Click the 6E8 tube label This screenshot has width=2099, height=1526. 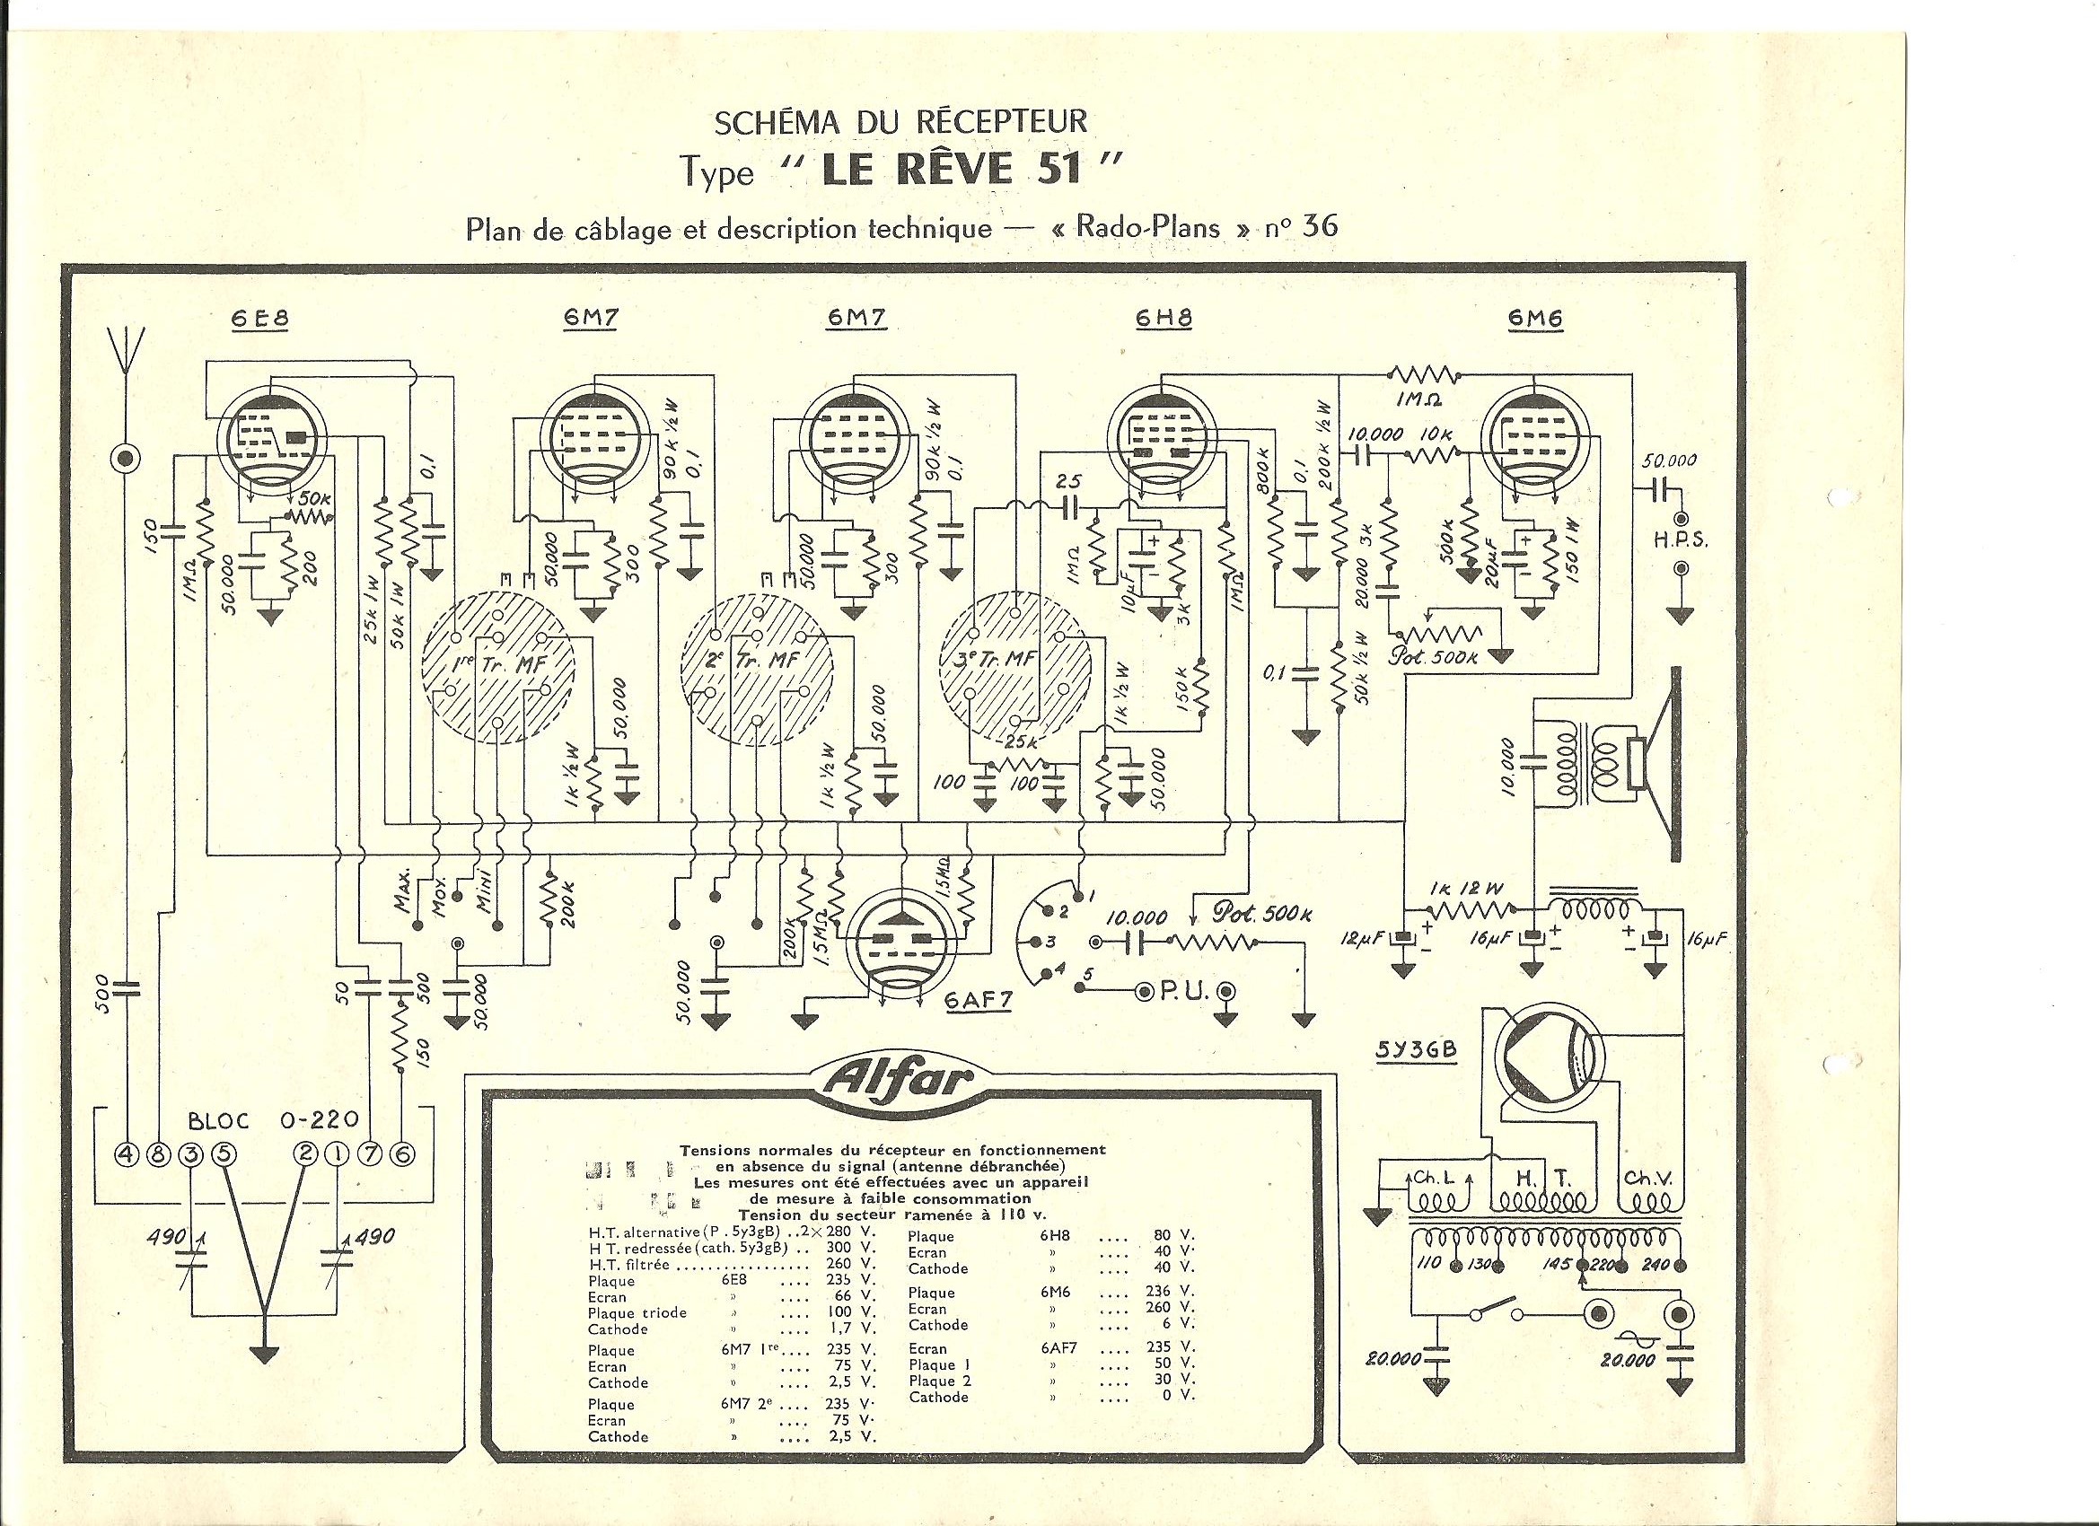[x=260, y=320]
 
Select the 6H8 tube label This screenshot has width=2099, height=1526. [x=1164, y=320]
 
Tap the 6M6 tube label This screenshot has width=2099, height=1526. [x=1535, y=320]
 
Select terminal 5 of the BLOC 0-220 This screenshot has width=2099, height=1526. [x=224, y=1154]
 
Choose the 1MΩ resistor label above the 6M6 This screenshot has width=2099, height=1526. [x=1422, y=400]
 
